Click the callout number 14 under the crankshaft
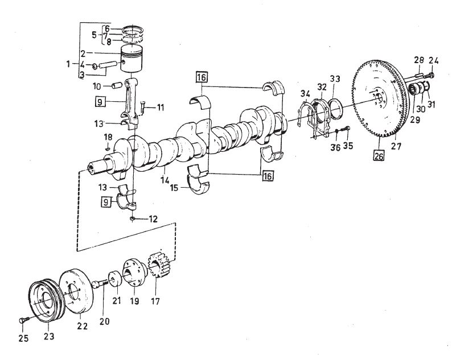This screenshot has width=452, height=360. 165,180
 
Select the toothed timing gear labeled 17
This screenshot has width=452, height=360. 159,264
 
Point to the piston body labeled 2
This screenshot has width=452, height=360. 132,59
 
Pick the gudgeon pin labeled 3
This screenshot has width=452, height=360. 108,65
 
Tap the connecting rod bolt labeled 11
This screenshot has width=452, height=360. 143,107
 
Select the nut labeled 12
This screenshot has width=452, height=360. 132,219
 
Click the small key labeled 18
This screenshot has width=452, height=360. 108,149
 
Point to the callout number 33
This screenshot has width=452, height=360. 335,79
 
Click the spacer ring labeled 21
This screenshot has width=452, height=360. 114,279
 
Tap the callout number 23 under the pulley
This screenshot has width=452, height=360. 49,336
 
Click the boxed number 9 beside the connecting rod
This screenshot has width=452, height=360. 100,102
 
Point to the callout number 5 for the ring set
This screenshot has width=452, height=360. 94,35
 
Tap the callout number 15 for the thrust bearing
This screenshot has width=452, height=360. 174,188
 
